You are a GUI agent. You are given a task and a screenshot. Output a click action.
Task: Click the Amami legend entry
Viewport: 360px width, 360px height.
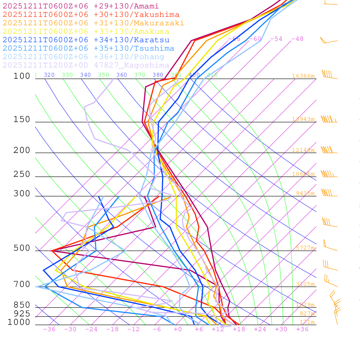click(x=81, y=6)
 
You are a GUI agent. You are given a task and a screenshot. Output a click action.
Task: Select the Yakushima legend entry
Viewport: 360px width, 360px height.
click(x=91, y=15)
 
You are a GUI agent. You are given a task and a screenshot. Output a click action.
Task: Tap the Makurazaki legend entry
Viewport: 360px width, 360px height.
click(x=94, y=23)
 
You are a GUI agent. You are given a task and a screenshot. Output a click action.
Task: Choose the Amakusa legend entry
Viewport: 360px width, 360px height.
click(x=86, y=32)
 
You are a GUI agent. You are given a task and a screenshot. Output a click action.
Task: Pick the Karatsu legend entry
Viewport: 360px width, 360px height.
click(x=86, y=40)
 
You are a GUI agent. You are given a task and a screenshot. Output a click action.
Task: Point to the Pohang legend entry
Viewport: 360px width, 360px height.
click(x=84, y=57)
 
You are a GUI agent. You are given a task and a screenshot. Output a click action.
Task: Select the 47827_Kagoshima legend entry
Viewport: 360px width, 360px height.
click(x=86, y=65)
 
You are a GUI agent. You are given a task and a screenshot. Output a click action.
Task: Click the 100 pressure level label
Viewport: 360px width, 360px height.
click(x=22, y=76)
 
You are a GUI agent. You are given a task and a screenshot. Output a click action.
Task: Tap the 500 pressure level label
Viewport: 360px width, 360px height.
click(x=22, y=248)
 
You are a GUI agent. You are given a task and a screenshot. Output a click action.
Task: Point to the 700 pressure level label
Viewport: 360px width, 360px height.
click(x=22, y=284)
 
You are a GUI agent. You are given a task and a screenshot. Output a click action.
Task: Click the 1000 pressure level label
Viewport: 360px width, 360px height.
click(x=19, y=322)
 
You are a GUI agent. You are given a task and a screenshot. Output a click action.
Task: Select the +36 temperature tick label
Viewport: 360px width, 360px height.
click(x=302, y=329)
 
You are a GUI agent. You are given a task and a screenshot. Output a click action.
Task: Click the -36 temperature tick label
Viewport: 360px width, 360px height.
click(x=49, y=329)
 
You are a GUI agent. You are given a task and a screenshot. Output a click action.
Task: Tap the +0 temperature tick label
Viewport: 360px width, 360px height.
click(x=178, y=329)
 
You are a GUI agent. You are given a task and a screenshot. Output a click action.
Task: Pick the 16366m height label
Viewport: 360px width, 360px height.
click(x=303, y=76)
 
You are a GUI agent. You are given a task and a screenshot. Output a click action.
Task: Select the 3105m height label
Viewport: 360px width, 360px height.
click(x=305, y=284)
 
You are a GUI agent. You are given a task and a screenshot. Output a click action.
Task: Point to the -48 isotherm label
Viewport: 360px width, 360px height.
click(x=297, y=39)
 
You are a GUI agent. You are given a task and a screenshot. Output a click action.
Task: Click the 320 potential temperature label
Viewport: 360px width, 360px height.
click(x=49, y=75)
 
